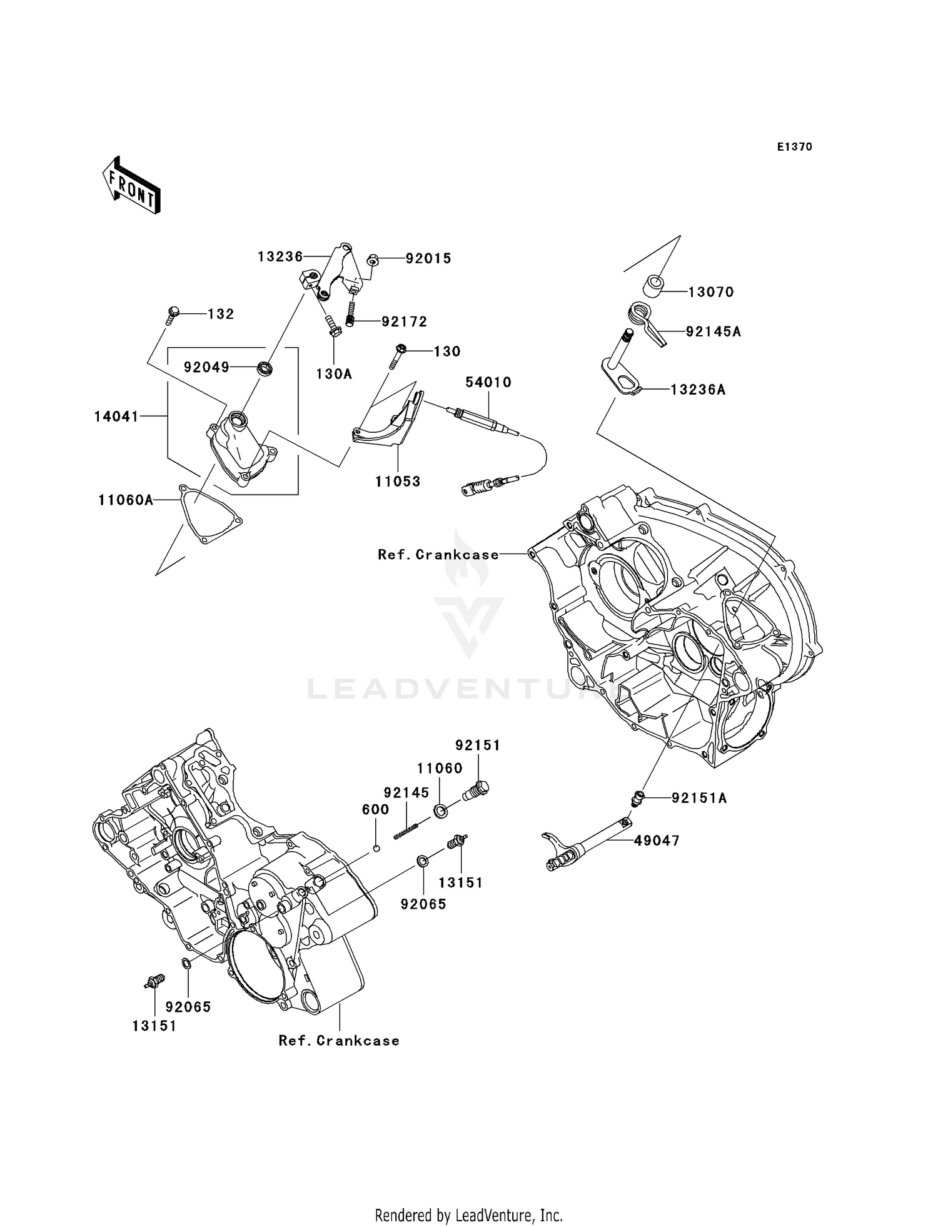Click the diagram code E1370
(x=794, y=147)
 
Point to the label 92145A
(x=713, y=332)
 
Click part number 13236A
(x=698, y=390)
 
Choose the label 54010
(x=488, y=382)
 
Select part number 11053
(x=398, y=482)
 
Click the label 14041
(x=116, y=417)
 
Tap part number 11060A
(x=126, y=500)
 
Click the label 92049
(x=206, y=368)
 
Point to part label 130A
(x=334, y=375)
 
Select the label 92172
(x=404, y=322)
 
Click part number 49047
(x=656, y=841)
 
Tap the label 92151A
(x=699, y=799)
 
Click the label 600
(x=375, y=810)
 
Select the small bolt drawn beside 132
(x=173, y=314)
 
